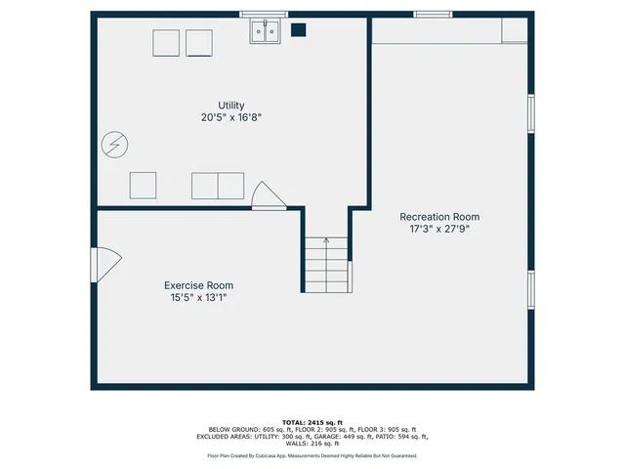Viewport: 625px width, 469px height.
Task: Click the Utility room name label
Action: (231, 106)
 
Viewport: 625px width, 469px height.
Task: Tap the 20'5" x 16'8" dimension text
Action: (231, 117)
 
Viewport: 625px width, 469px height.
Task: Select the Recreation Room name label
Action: (439, 217)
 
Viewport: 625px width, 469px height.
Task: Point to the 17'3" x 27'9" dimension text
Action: (439, 229)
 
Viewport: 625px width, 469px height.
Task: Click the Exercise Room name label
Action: (198, 285)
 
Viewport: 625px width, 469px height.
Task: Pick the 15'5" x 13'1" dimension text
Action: (198, 297)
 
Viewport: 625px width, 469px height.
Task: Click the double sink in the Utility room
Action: (264, 33)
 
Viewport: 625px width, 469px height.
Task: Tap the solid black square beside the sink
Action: (299, 30)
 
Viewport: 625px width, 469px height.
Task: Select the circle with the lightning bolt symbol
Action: (113, 146)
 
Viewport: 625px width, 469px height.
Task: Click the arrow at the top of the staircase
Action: (326, 239)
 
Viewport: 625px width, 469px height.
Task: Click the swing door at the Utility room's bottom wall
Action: (267, 195)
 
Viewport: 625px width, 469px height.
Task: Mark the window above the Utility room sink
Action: (264, 15)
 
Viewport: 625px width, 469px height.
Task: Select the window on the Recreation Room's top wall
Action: (432, 15)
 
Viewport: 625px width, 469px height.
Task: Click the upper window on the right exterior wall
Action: (531, 112)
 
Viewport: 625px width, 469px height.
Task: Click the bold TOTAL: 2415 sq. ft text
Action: (312, 421)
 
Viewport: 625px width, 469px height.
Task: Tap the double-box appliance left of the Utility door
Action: (217, 185)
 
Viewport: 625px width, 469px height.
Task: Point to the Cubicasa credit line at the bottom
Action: (312, 455)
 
